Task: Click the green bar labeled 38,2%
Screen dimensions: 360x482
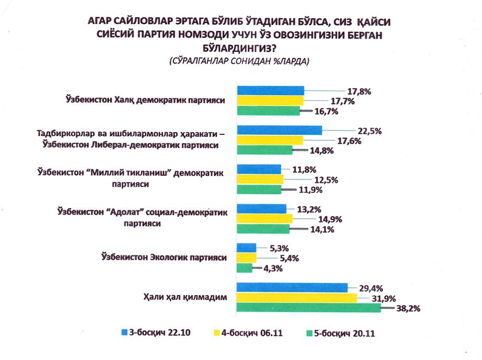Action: (x=308, y=308)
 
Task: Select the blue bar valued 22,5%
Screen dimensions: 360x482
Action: (x=279, y=130)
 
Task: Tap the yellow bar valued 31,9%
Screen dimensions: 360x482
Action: (x=296, y=298)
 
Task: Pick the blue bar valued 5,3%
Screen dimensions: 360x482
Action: (x=246, y=248)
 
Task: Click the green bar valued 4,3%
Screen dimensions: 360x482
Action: (x=244, y=268)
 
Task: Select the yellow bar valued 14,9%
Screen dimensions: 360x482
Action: (x=264, y=219)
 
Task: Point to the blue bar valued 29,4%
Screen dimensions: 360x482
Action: (x=292, y=288)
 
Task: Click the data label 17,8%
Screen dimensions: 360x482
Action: (x=358, y=91)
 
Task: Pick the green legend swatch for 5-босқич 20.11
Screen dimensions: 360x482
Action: (x=310, y=333)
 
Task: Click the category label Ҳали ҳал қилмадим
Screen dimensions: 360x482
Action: (x=185, y=297)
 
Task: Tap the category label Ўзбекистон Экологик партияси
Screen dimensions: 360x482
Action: (x=164, y=257)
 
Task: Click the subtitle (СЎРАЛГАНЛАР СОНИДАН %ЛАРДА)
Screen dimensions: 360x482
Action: (x=240, y=62)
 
